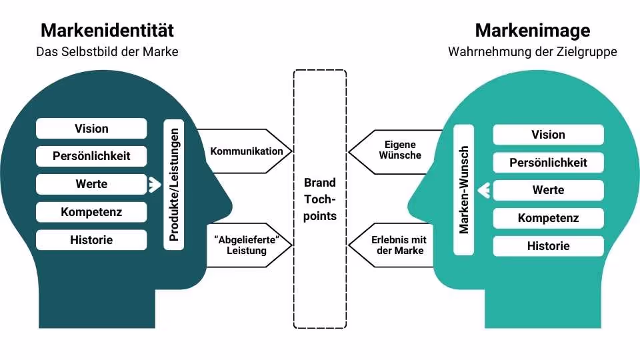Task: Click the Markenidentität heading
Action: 107,31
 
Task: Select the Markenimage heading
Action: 532,31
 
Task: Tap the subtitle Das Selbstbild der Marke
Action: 107,51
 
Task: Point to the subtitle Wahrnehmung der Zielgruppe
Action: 532,51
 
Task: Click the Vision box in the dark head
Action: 91,129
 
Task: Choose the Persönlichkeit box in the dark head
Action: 91,157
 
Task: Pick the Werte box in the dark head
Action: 91,185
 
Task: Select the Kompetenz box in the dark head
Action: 91,213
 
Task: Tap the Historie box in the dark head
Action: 91,240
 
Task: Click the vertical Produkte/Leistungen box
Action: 174,185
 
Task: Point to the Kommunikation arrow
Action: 246,151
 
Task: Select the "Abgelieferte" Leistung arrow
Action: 246,245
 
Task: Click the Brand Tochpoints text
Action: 320,199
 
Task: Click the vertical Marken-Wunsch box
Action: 464,190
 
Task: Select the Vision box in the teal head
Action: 548,135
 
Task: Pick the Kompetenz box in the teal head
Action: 548,218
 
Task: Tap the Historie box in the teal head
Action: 548,246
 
